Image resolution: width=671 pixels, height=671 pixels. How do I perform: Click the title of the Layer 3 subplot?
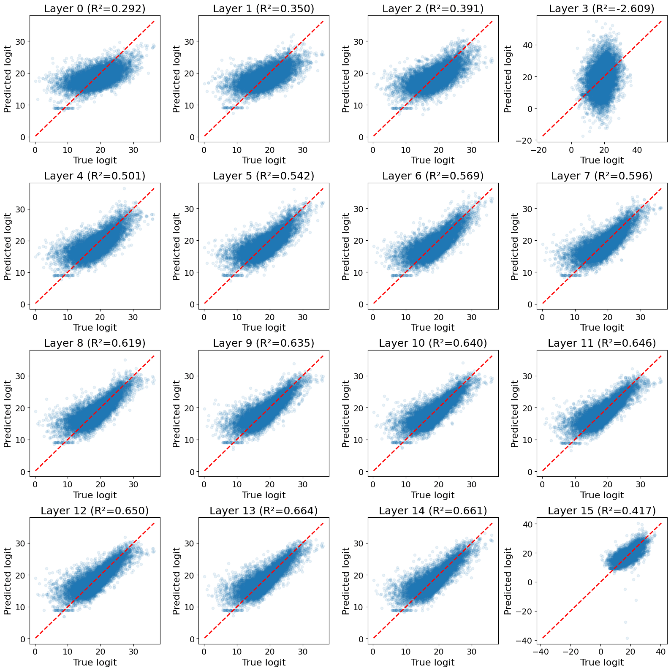tap(602, 9)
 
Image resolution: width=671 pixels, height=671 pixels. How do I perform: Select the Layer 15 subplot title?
tap(602, 511)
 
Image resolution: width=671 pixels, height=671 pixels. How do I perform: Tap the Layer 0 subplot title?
tap(95, 9)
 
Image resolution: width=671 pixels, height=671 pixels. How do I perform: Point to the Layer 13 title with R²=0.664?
tap(264, 511)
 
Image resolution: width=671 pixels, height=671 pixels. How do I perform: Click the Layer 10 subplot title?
tap(433, 343)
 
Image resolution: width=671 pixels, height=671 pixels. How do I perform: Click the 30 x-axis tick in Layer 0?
tap(133, 150)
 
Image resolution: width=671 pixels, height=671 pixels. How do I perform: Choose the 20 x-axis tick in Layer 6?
tap(439, 317)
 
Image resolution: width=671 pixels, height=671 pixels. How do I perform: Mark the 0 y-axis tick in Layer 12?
tap(23, 639)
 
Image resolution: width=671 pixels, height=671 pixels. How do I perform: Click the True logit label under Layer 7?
tap(602, 328)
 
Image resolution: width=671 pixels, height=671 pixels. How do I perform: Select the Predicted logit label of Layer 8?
tap(7, 414)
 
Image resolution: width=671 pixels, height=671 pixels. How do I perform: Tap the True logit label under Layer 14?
tap(433, 662)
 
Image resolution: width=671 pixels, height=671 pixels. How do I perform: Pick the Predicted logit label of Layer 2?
tap(345, 79)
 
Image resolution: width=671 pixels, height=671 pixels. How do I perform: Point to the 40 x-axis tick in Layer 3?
tap(637, 150)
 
